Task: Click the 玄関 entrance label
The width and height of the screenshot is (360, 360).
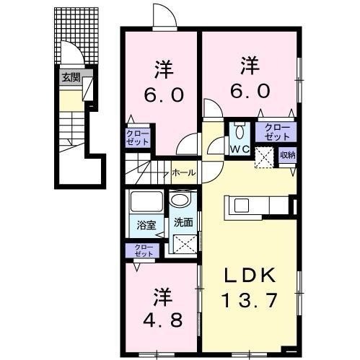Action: (71, 77)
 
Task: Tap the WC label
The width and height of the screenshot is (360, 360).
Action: (240, 149)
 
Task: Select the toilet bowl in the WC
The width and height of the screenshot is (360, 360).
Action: (240, 132)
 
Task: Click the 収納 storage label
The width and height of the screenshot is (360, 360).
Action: (287, 155)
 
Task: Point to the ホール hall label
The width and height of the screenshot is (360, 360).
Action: (184, 172)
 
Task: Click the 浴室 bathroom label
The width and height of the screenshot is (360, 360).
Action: (146, 225)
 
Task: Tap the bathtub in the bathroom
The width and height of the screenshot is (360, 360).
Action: (146, 201)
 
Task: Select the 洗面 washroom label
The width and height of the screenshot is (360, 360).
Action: (183, 222)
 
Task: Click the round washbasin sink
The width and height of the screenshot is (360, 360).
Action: (180, 199)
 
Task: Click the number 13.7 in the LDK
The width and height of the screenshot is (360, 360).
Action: (250, 300)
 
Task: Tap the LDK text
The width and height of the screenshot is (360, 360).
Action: (250, 276)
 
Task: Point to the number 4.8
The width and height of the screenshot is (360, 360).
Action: (162, 320)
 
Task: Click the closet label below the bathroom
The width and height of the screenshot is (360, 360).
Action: (144, 250)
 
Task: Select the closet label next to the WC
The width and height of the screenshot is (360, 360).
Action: (277, 132)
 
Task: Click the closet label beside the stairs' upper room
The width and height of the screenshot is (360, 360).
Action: (138, 137)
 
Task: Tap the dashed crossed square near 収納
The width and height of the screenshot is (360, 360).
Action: (264, 158)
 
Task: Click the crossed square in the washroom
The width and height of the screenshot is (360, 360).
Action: (183, 244)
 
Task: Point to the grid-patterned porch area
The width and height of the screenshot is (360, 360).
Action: (76, 35)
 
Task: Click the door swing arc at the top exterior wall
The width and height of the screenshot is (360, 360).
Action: (165, 16)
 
